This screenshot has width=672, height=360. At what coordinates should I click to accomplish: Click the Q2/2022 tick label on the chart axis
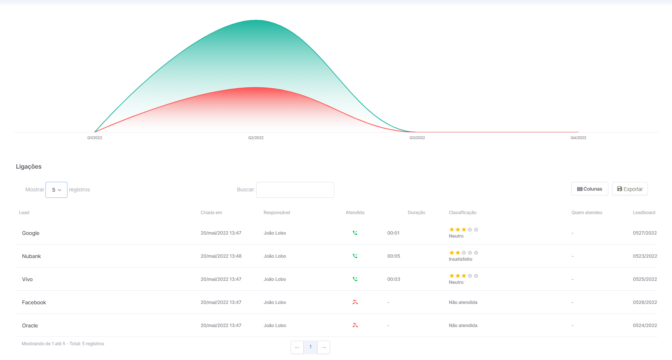coord(256,138)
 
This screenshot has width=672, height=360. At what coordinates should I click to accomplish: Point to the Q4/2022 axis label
coord(578,138)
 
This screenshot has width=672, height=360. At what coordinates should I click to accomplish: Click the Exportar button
coord(630,189)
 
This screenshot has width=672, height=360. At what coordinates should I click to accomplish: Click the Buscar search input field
coord(295,190)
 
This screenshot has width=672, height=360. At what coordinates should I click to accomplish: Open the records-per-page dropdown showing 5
coord(56,190)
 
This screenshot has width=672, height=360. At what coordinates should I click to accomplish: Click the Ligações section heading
coord(29,167)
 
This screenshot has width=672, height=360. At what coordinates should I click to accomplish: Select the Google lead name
coord(31,233)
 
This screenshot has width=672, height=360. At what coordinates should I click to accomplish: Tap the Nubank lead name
coord(31,256)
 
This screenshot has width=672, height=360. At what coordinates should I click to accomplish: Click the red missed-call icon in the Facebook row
coord(355,302)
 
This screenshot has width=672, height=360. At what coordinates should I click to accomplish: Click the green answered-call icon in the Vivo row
coord(355,279)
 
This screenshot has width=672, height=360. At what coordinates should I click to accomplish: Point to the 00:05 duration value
coord(394,256)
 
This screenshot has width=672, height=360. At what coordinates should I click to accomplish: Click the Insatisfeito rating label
coord(461,259)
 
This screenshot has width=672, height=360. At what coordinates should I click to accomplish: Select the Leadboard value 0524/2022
coord(645,326)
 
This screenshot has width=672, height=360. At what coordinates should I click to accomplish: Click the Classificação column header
coord(463,213)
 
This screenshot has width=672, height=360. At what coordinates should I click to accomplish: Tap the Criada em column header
coord(211,213)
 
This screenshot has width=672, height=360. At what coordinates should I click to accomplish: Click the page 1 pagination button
coord(310,347)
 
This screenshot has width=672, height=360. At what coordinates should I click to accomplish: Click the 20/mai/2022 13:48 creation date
coord(221,256)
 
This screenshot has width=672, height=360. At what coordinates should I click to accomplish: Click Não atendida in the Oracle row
coord(463,326)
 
